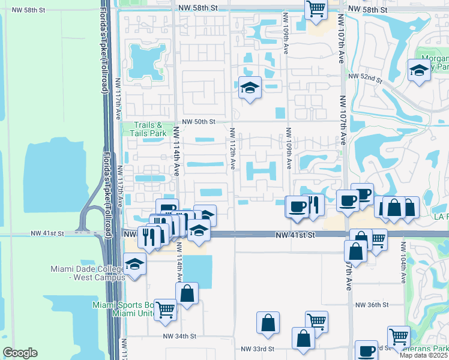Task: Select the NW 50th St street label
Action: click(x=199, y=122)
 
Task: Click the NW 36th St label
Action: click(x=372, y=305)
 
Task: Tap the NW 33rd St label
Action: click(x=258, y=349)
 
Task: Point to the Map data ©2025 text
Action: click(x=424, y=355)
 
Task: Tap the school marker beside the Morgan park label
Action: click(x=419, y=70)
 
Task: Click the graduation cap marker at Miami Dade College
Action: click(x=134, y=263)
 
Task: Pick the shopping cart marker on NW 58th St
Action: click(x=316, y=9)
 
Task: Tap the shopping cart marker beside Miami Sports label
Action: click(x=166, y=309)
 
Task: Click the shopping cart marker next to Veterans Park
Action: click(x=399, y=337)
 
